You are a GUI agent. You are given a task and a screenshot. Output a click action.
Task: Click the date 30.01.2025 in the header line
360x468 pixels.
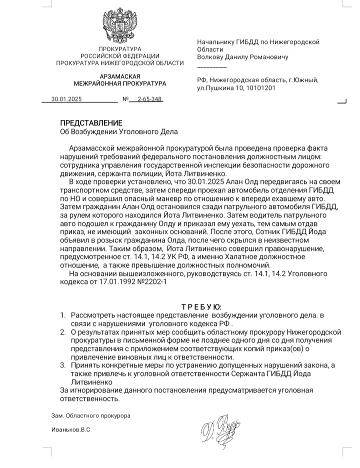[65, 99]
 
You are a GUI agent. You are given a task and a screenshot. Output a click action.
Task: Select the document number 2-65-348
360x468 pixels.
[150, 99]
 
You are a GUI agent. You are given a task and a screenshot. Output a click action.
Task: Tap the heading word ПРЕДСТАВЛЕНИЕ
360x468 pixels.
[91, 123]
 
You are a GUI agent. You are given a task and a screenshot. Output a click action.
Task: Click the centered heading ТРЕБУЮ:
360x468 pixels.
[201, 306]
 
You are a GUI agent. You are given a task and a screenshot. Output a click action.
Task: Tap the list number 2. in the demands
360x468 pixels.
[63, 332]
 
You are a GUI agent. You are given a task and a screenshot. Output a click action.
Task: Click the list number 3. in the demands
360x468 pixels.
[63, 366]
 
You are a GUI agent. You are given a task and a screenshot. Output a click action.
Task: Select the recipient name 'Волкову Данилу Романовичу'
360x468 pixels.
[243, 57]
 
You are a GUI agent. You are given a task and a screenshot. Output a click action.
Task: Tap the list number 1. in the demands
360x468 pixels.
[63, 315]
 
